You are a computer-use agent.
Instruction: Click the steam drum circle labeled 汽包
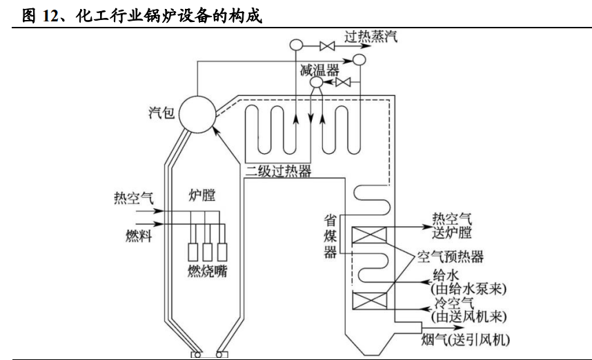(x=197, y=114)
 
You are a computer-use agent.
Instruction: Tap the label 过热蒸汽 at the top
(x=371, y=37)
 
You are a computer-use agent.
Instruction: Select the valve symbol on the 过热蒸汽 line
(x=327, y=46)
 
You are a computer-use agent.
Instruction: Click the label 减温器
(x=319, y=70)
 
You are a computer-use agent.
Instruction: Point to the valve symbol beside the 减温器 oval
(x=343, y=82)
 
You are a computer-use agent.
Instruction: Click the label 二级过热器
(x=278, y=171)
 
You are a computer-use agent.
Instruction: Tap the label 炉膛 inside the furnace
(x=202, y=195)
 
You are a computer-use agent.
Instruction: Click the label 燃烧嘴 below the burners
(x=207, y=271)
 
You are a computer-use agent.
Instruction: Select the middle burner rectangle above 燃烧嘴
(x=207, y=252)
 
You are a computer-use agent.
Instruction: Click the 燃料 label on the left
(x=139, y=236)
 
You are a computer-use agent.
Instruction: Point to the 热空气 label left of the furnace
(x=134, y=198)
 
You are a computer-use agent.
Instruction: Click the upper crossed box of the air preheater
(x=369, y=234)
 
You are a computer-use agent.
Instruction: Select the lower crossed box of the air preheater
(x=369, y=301)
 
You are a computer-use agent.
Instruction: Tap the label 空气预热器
(x=451, y=257)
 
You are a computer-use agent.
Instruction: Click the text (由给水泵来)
(x=468, y=289)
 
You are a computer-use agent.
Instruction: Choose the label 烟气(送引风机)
(x=466, y=339)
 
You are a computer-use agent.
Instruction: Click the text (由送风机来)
(x=468, y=317)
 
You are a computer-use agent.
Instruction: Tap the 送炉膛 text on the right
(x=452, y=232)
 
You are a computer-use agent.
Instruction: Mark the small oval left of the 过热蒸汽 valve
(x=297, y=45)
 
